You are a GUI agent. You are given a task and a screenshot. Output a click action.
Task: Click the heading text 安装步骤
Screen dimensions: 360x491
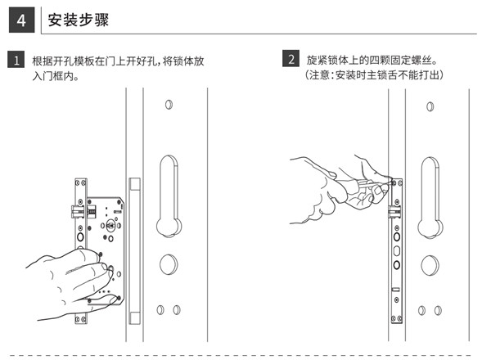pos(78,18)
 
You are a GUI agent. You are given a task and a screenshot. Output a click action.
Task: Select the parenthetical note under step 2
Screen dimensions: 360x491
pos(375,75)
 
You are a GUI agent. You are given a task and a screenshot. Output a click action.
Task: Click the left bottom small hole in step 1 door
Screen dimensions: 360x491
pos(160,310)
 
